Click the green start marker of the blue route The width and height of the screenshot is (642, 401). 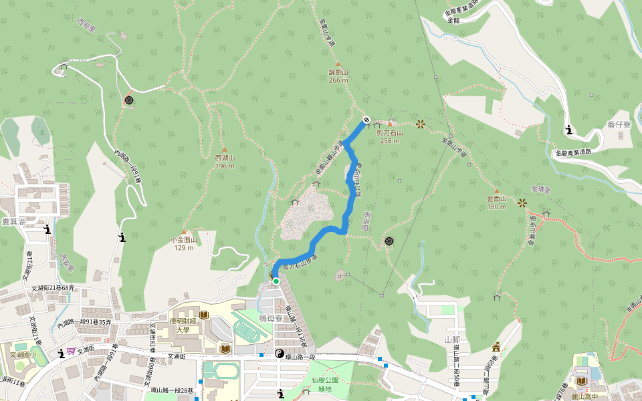coord(276,281)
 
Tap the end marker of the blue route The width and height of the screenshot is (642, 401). coord(366,120)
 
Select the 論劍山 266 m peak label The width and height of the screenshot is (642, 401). coord(338,76)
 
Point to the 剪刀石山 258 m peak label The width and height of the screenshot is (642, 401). coord(390,136)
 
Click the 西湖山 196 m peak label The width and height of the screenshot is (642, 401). coord(225,161)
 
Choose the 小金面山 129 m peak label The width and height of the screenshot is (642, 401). coord(184,243)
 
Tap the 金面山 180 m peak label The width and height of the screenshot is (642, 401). coord(497,203)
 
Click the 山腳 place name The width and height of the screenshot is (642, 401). coord(453,340)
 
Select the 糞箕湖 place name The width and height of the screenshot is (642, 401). coord(13,221)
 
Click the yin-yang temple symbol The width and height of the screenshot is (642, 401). coord(280,354)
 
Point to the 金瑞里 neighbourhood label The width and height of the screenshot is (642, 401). coord(540,190)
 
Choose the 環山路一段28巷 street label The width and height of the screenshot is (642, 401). coord(172,390)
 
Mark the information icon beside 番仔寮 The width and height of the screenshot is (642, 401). coord(568,130)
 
